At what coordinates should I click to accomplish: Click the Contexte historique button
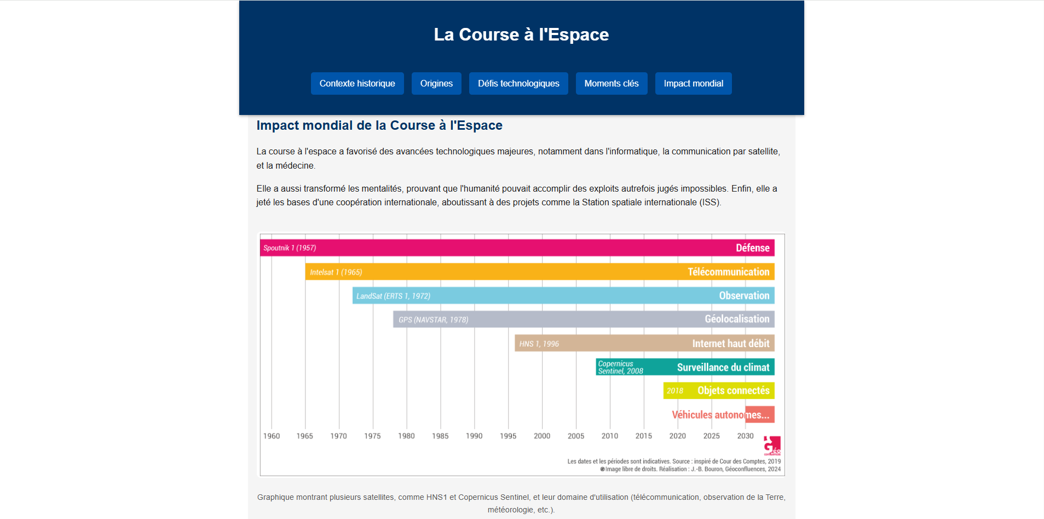click(x=357, y=83)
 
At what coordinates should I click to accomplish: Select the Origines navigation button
click(x=436, y=83)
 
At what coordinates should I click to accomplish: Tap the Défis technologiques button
click(x=518, y=83)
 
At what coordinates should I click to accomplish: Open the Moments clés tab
click(x=611, y=83)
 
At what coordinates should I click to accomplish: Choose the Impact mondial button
click(x=693, y=83)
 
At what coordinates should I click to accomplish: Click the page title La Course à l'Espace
click(x=521, y=34)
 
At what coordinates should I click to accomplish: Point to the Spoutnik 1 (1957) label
click(x=290, y=248)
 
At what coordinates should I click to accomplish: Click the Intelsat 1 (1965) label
click(x=336, y=272)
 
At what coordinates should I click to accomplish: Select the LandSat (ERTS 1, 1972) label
click(x=393, y=296)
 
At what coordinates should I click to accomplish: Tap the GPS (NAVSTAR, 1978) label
click(x=433, y=320)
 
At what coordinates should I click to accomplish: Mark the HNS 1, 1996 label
click(x=539, y=344)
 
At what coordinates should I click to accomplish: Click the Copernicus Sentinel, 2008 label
click(x=620, y=367)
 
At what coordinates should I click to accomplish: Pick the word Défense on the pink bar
click(x=752, y=248)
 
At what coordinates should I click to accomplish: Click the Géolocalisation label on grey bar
click(x=737, y=319)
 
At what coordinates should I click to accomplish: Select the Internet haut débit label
click(x=730, y=344)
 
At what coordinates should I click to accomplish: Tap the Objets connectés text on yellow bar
click(x=733, y=391)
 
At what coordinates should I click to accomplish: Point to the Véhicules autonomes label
click(x=720, y=415)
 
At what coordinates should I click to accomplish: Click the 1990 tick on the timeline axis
click(x=474, y=436)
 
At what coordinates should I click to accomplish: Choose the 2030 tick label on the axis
click(x=745, y=436)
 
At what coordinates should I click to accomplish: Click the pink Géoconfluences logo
click(x=772, y=446)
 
